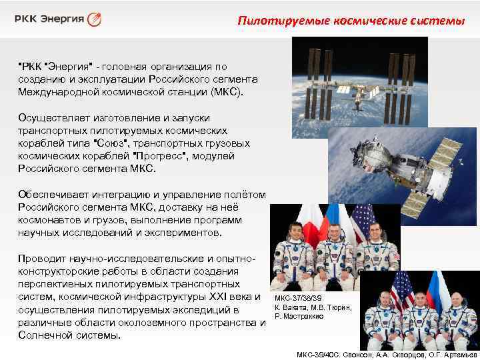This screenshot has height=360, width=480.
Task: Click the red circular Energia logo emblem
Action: [x=95, y=19]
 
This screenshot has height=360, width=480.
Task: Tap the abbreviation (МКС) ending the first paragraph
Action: [x=228, y=89]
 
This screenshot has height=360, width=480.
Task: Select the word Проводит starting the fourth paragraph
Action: [x=39, y=259]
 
